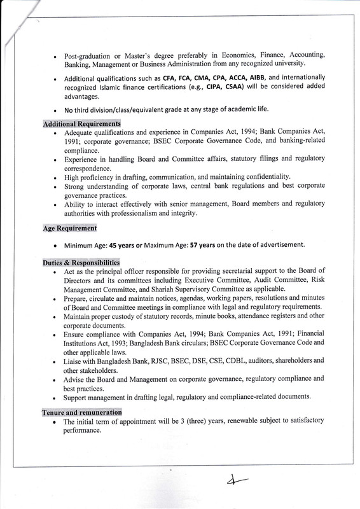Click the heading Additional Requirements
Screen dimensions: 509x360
[x=81, y=123]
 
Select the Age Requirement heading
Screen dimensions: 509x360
[x=70, y=228]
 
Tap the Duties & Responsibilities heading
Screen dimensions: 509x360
[x=81, y=262]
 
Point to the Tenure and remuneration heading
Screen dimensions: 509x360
[x=81, y=412]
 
